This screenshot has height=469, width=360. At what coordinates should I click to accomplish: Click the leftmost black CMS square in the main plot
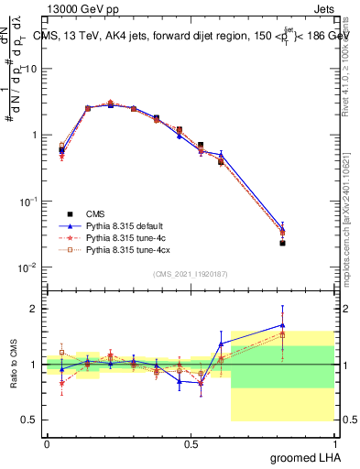click(61, 149)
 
